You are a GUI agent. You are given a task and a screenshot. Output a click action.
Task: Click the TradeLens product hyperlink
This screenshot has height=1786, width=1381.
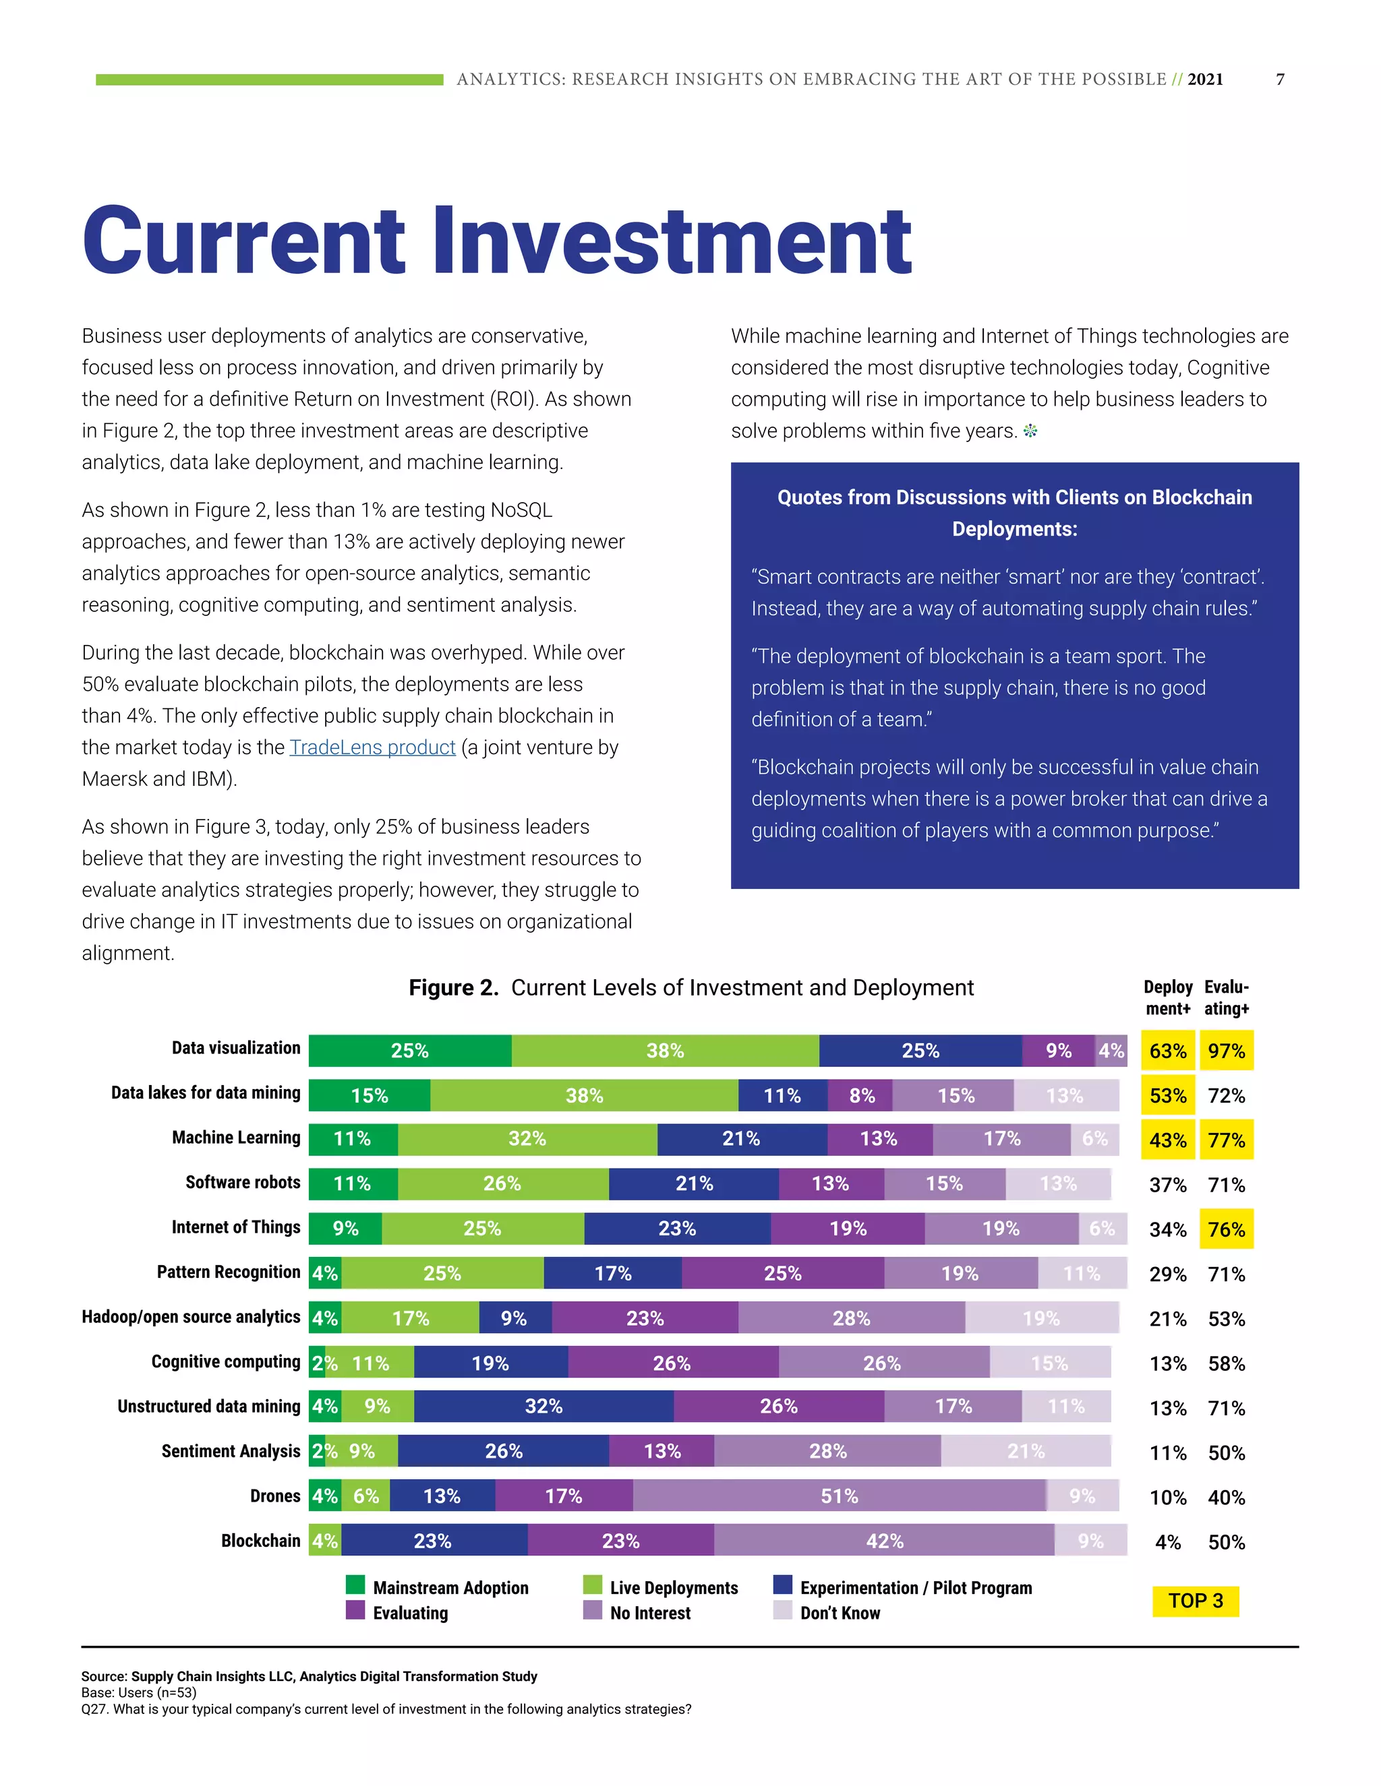click(x=372, y=747)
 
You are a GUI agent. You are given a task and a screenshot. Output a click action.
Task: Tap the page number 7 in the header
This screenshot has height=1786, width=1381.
click(x=1281, y=80)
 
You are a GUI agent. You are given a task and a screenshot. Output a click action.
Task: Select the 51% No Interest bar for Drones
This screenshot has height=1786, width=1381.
click(x=840, y=1496)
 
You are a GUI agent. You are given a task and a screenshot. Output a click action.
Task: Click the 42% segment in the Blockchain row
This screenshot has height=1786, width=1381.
click(x=885, y=1541)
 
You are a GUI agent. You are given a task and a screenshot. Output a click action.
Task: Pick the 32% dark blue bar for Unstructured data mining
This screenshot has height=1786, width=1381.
click(x=543, y=1406)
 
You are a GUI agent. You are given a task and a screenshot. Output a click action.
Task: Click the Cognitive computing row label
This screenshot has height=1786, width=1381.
click(x=226, y=1361)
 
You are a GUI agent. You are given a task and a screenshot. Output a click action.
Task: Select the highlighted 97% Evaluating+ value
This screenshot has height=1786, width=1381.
click(x=1227, y=1051)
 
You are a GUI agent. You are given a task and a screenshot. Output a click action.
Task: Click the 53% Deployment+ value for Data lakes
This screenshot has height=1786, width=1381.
click(x=1167, y=1096)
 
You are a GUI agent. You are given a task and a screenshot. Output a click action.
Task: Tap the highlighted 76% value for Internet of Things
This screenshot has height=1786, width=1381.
click(x=1227, y=1229)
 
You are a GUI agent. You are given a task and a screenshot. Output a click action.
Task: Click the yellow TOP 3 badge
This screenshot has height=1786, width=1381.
click(x=1196, y=1601)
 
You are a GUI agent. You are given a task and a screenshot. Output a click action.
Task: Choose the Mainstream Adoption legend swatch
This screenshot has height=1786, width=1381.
click(x=355, y=1585)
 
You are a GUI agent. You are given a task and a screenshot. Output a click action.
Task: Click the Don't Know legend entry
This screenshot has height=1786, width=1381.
click(x=840, y=1613)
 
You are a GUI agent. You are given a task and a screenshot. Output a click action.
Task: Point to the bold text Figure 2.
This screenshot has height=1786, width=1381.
click(x=453, y=988)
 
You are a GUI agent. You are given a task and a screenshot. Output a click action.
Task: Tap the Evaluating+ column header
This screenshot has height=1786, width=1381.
click(x=1227, y=997)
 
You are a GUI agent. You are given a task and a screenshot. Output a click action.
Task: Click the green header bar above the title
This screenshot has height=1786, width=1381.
click(x=269, y=80)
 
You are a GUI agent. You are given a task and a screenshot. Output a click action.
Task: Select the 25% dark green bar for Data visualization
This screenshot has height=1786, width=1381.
click(x=410, y=1051)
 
